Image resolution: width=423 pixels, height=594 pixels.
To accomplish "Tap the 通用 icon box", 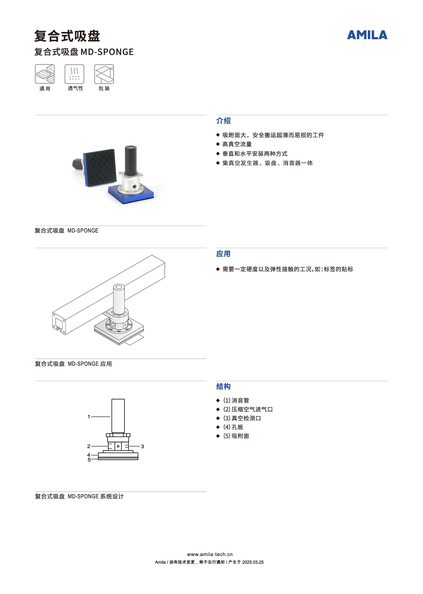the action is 45,74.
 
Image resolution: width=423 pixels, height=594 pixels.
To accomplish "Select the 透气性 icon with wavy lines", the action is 75,74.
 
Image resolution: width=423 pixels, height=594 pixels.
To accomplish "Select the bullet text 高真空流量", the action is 237,144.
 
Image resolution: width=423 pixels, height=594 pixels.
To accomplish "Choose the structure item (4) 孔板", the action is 233,427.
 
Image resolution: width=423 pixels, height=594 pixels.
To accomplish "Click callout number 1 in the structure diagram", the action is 89,417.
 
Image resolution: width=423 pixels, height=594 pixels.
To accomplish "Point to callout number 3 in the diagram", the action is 143,446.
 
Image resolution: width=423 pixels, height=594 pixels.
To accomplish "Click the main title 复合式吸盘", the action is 67,36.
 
